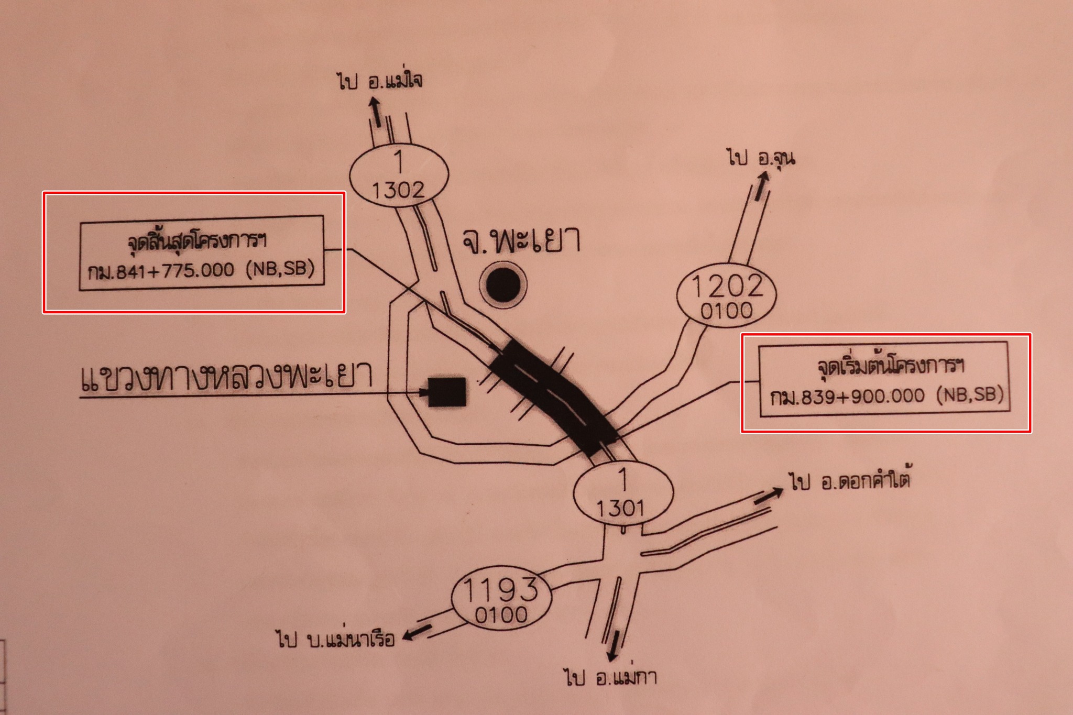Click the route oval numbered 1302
click(x=399, y=174)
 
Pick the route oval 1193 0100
click(x=501, y=600)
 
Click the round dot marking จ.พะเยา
click(x=503, y=285)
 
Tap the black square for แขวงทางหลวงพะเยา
click(x=447, y=392)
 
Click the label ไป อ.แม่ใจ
click(x=380, y=81)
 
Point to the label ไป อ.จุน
click(x=761, y=157)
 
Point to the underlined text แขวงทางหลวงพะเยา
click(x=226, y=378)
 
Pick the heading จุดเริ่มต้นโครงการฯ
click(x=891, y=365)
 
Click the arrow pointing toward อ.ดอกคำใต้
click(x=768, y=496)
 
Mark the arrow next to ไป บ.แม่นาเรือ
click(x=417, y=633)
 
